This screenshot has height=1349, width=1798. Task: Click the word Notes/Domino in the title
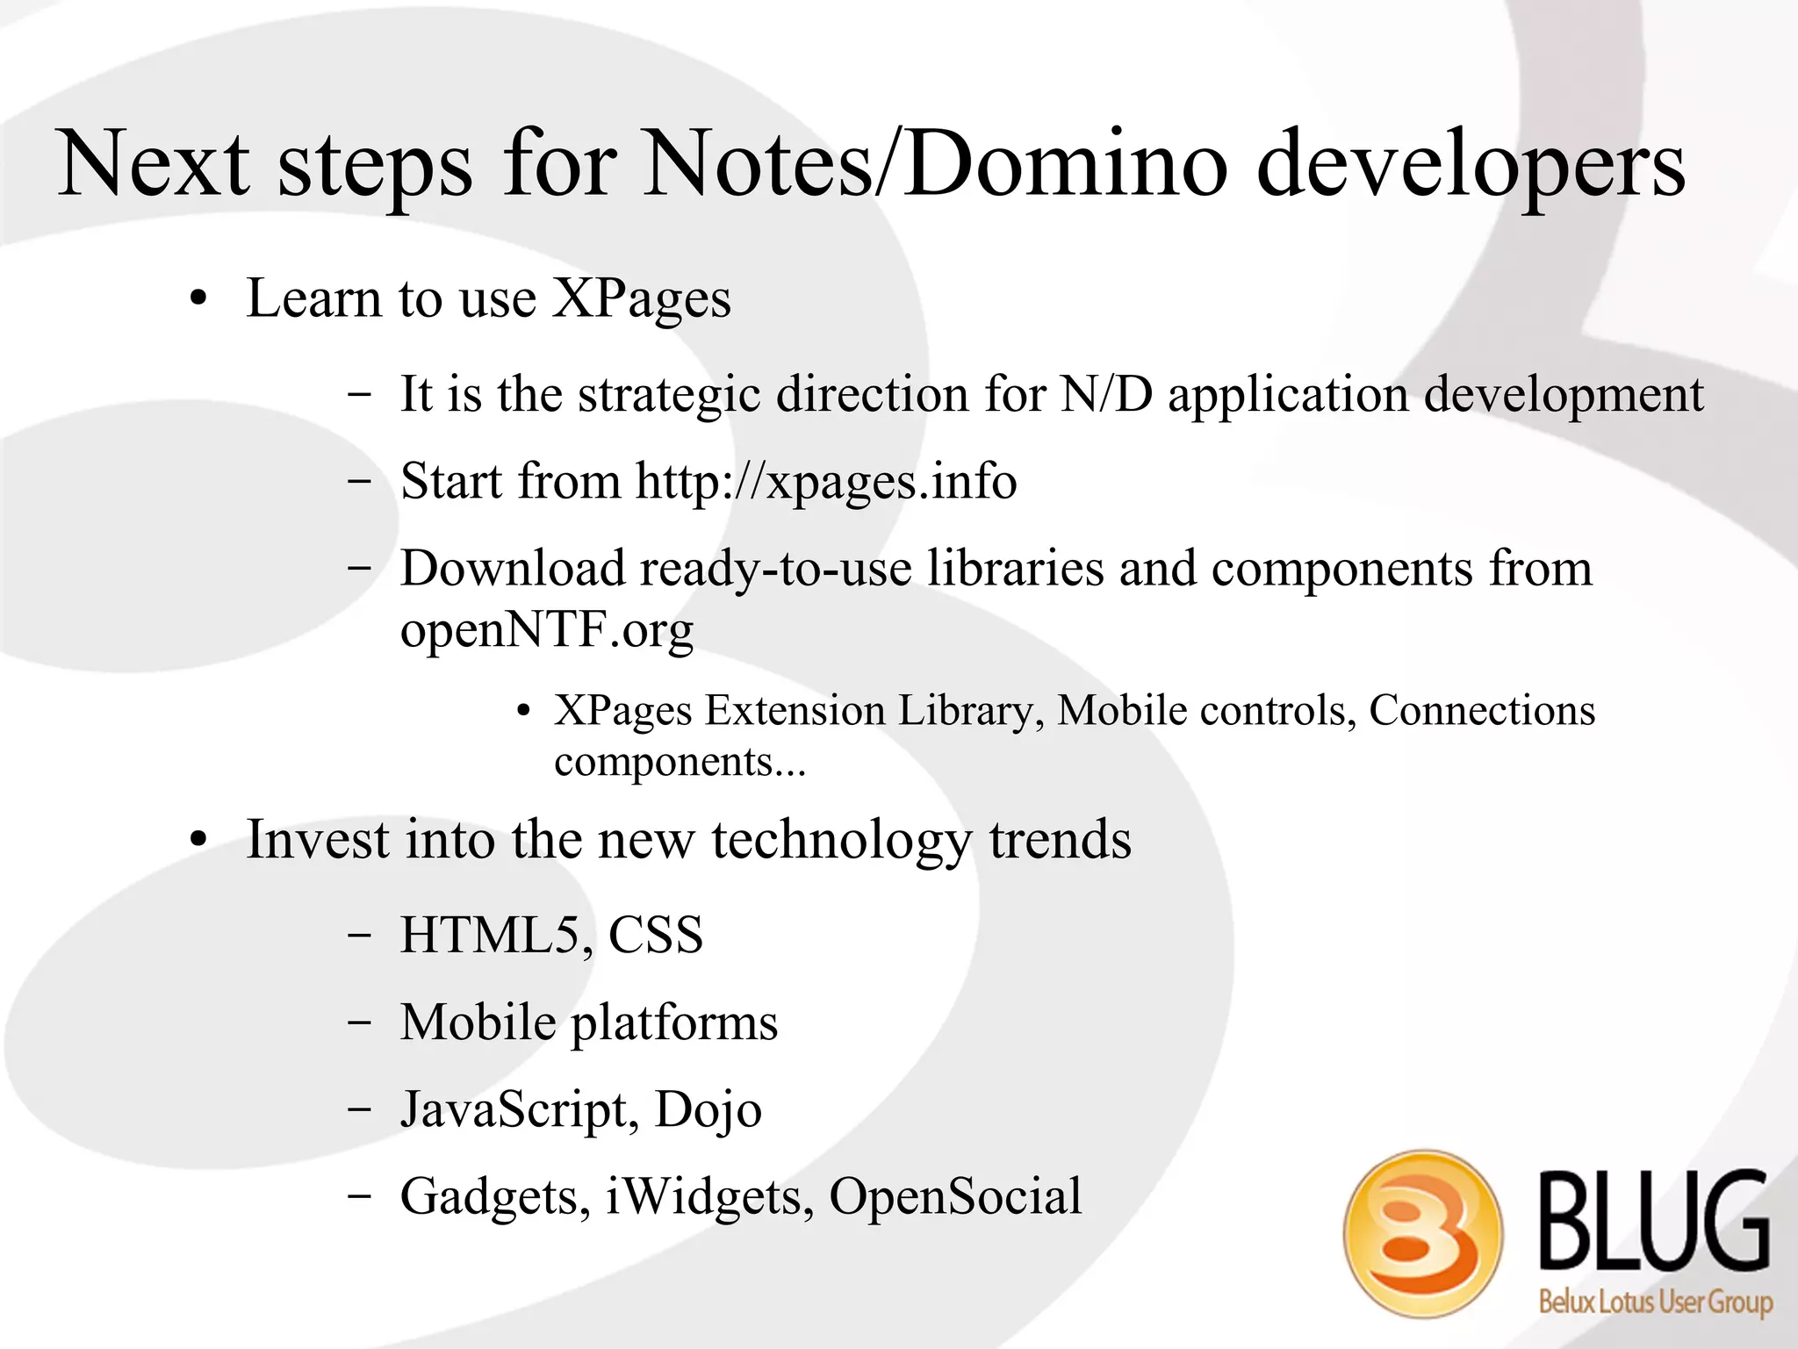[x=934, y=164]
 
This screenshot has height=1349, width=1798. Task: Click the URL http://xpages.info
[x=825, y=482]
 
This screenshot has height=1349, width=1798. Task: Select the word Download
[x=513, y=569]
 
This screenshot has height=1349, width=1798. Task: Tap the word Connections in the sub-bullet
[x=1482, y=710]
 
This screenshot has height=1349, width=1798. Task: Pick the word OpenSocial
[x=955, y=1196]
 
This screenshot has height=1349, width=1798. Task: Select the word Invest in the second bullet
[x=317, y=840]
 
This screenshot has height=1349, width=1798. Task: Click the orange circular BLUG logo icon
[x=1422, y=1233]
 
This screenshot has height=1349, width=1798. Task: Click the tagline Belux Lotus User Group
[x=1655, y=1301]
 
